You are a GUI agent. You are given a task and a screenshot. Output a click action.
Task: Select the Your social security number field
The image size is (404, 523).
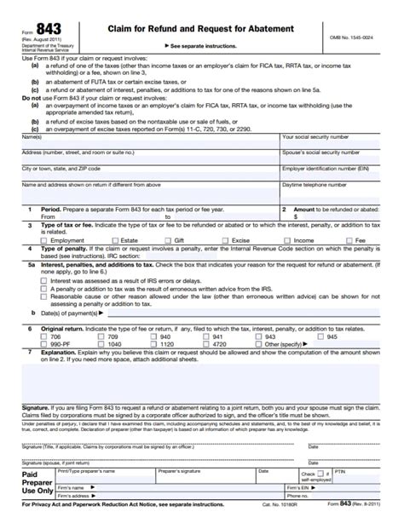(339, 141)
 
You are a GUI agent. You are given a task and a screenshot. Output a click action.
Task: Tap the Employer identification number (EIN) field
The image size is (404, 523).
(339, 174)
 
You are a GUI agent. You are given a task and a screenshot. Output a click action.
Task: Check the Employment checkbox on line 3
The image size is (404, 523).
(44, 240)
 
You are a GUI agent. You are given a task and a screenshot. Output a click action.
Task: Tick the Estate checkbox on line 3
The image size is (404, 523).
(113, 240)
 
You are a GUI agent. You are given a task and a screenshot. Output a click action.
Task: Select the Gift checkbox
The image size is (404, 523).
(168, 240)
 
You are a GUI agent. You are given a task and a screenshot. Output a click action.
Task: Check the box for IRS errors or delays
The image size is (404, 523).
(44, 279)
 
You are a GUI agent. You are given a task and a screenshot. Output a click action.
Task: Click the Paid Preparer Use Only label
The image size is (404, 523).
(36, 483)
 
